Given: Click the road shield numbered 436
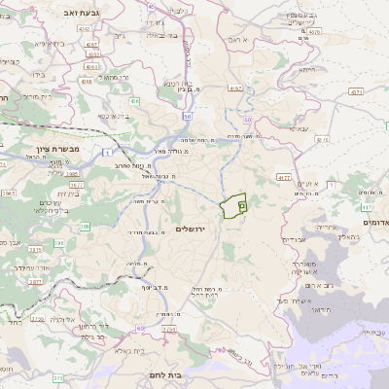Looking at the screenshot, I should click(134, 100).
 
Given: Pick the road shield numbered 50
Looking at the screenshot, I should click(248, 118).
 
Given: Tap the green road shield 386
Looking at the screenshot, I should click(85, 226).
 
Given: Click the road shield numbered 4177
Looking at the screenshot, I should click(284, 178).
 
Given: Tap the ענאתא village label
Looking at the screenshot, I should click(298, 128).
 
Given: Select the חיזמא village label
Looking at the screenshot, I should click(306, 70).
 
